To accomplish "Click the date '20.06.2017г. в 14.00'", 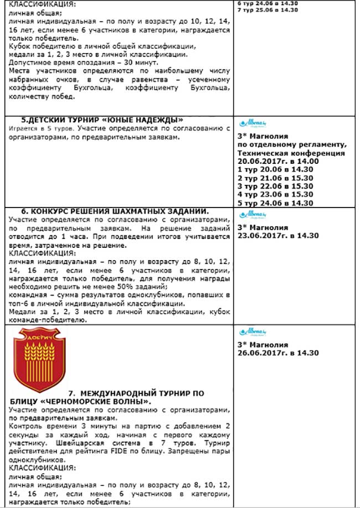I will [277, 161].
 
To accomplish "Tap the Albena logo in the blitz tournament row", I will [253, 331].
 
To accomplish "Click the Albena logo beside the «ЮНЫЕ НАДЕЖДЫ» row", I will [253, 123].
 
